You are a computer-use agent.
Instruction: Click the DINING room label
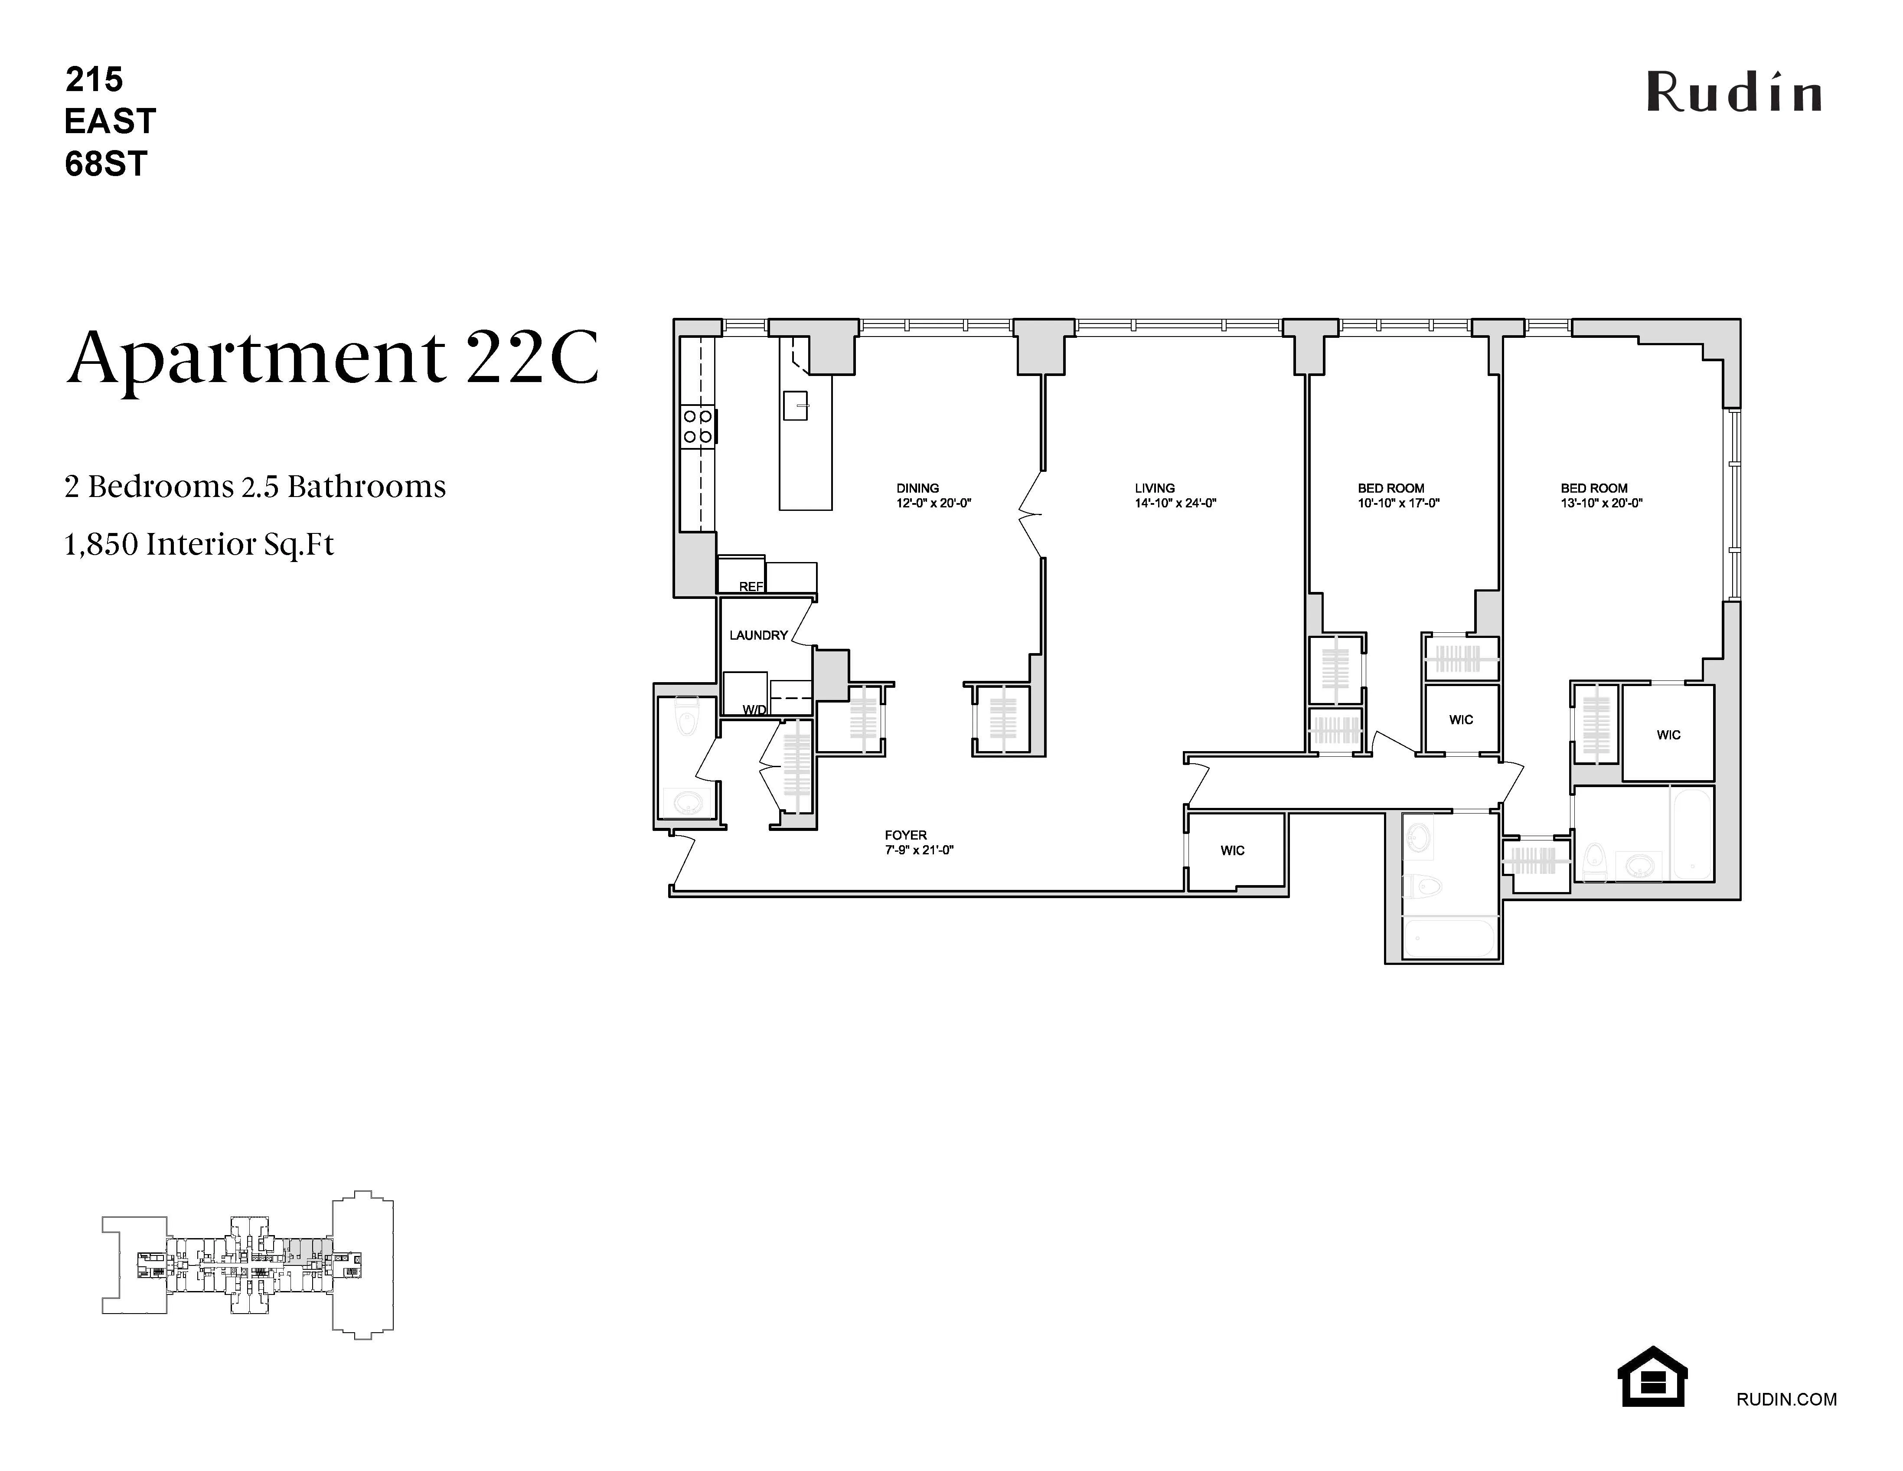[x=917, y=488]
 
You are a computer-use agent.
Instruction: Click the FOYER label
[x=905, y=835]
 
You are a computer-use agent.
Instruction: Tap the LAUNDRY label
[x=758, y=635]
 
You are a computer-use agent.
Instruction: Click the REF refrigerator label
[x=750, y=586]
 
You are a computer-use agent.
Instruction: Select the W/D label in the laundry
[x=754, y=709]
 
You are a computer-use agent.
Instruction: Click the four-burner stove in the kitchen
[x=698, y=427]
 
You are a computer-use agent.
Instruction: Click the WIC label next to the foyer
[x=1232, y=850]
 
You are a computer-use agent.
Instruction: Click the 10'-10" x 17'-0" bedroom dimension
[x=1397, y=503]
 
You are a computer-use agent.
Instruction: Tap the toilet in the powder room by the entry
[x=688, y=720]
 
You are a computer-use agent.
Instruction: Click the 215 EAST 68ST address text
[x=110, y=122]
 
